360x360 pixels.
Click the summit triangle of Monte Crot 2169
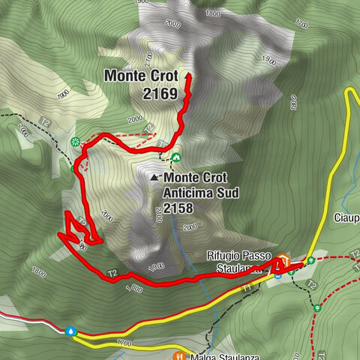click(x=187, y=76)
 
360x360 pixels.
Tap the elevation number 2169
click(x=162, y=94)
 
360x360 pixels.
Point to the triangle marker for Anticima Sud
click(x=155, y=178)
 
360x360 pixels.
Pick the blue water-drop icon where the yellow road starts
click(x=71, y=330)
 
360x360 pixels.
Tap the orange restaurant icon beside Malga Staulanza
click(x=178, y=355)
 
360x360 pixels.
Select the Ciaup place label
click(x=346, y=219)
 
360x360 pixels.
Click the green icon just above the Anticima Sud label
click(x=176, y=157)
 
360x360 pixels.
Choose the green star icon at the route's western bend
click(x=74, y=142)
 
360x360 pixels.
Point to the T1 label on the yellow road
click(x=247, y=287)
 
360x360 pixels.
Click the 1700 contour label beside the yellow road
click(x=124, y=343)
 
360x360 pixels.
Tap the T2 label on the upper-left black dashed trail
click(x=45, y=121)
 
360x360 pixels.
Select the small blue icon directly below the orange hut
click(x=277, y=275)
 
